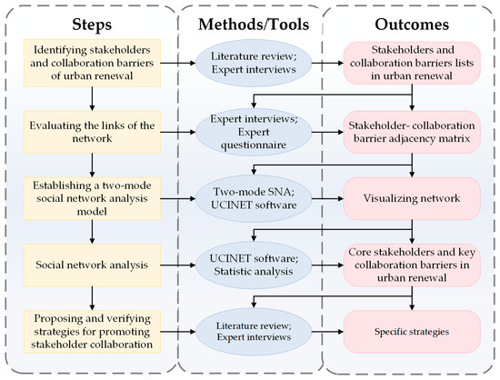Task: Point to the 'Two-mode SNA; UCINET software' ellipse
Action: coord(249,197)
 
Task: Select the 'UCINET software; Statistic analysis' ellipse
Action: coord(249,265)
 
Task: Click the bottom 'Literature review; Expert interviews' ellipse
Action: coord(249,332)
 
